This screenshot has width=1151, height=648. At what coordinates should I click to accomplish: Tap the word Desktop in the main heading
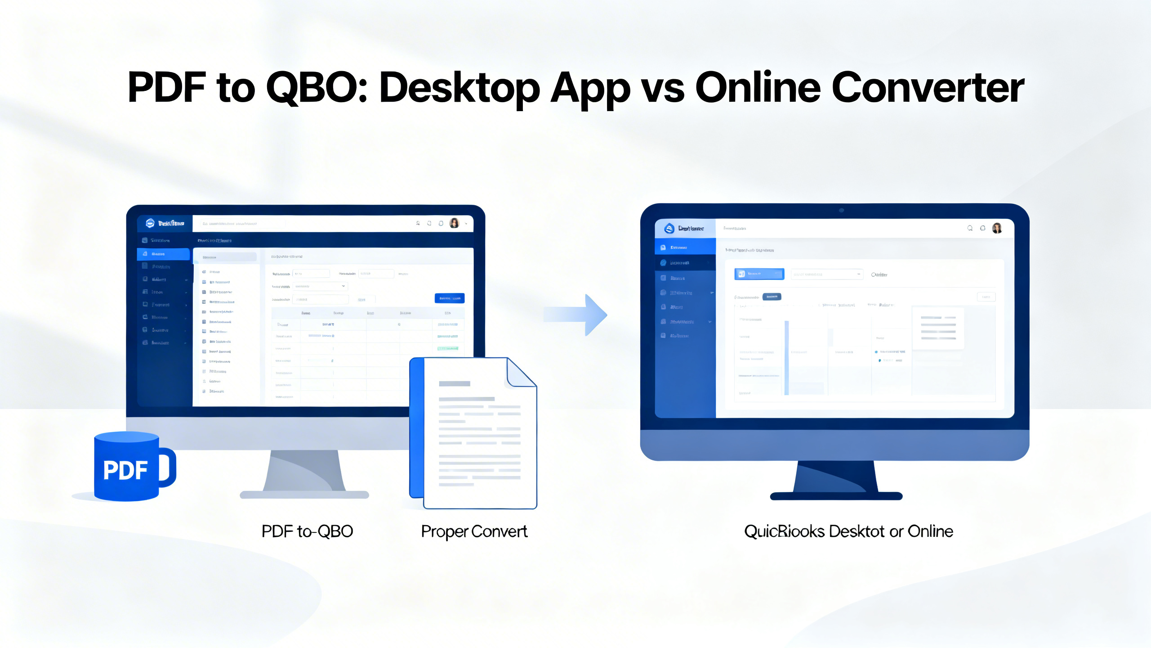(460, 88)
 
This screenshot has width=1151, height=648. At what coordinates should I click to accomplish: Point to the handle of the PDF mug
(168, 468)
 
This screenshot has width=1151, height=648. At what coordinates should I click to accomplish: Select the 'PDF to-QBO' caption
(307, 531)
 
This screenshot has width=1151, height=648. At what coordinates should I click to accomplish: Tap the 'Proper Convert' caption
(474, 531)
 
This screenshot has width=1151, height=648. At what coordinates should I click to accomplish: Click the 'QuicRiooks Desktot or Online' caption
(848, 531)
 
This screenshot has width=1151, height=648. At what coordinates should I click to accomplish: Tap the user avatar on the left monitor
(454, 223)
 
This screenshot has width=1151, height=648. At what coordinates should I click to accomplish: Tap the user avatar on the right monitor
(997, 228)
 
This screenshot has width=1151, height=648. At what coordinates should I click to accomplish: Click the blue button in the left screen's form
(449, 298)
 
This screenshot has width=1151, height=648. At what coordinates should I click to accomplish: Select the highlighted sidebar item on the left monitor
(163, 254)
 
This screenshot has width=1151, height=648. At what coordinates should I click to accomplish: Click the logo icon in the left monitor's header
(150, 223)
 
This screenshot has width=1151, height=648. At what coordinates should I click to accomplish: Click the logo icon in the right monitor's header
(669, 229)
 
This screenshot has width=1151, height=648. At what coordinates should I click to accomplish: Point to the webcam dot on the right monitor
(841, 210)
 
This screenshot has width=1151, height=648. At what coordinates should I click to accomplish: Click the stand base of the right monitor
(836, 496)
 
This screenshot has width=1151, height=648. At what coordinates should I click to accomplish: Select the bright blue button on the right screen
(759, 274)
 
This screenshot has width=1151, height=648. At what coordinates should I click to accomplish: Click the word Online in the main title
(758, 88)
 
